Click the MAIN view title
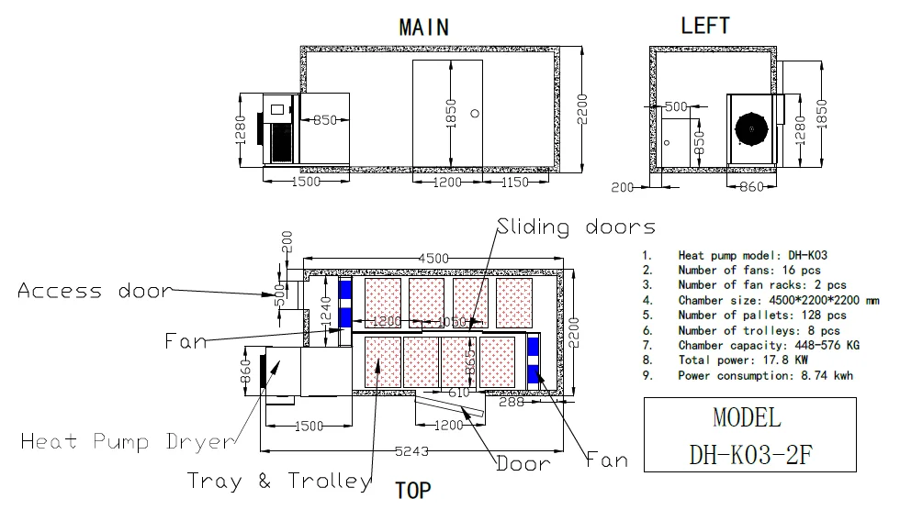(424, 27)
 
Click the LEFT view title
(705, 26)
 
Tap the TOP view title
(412, 490)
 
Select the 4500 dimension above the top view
(433, 259)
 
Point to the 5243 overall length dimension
(411, 451)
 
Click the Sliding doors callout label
(576, 227)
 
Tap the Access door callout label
(95, 291)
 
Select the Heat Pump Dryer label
(128, 442)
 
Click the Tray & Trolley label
(279, 481)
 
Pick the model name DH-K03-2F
(750, 455)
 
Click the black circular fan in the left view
(751, 129)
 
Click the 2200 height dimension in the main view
(582, 109)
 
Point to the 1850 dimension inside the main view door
(451, 114)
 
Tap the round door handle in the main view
(475, 114)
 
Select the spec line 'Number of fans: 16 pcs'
(749, 270)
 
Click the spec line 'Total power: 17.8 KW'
(743, 360)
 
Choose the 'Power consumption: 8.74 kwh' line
(765, 375)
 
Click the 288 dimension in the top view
(512, 402)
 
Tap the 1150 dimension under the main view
(515, 182)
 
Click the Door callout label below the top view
(523, 463)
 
